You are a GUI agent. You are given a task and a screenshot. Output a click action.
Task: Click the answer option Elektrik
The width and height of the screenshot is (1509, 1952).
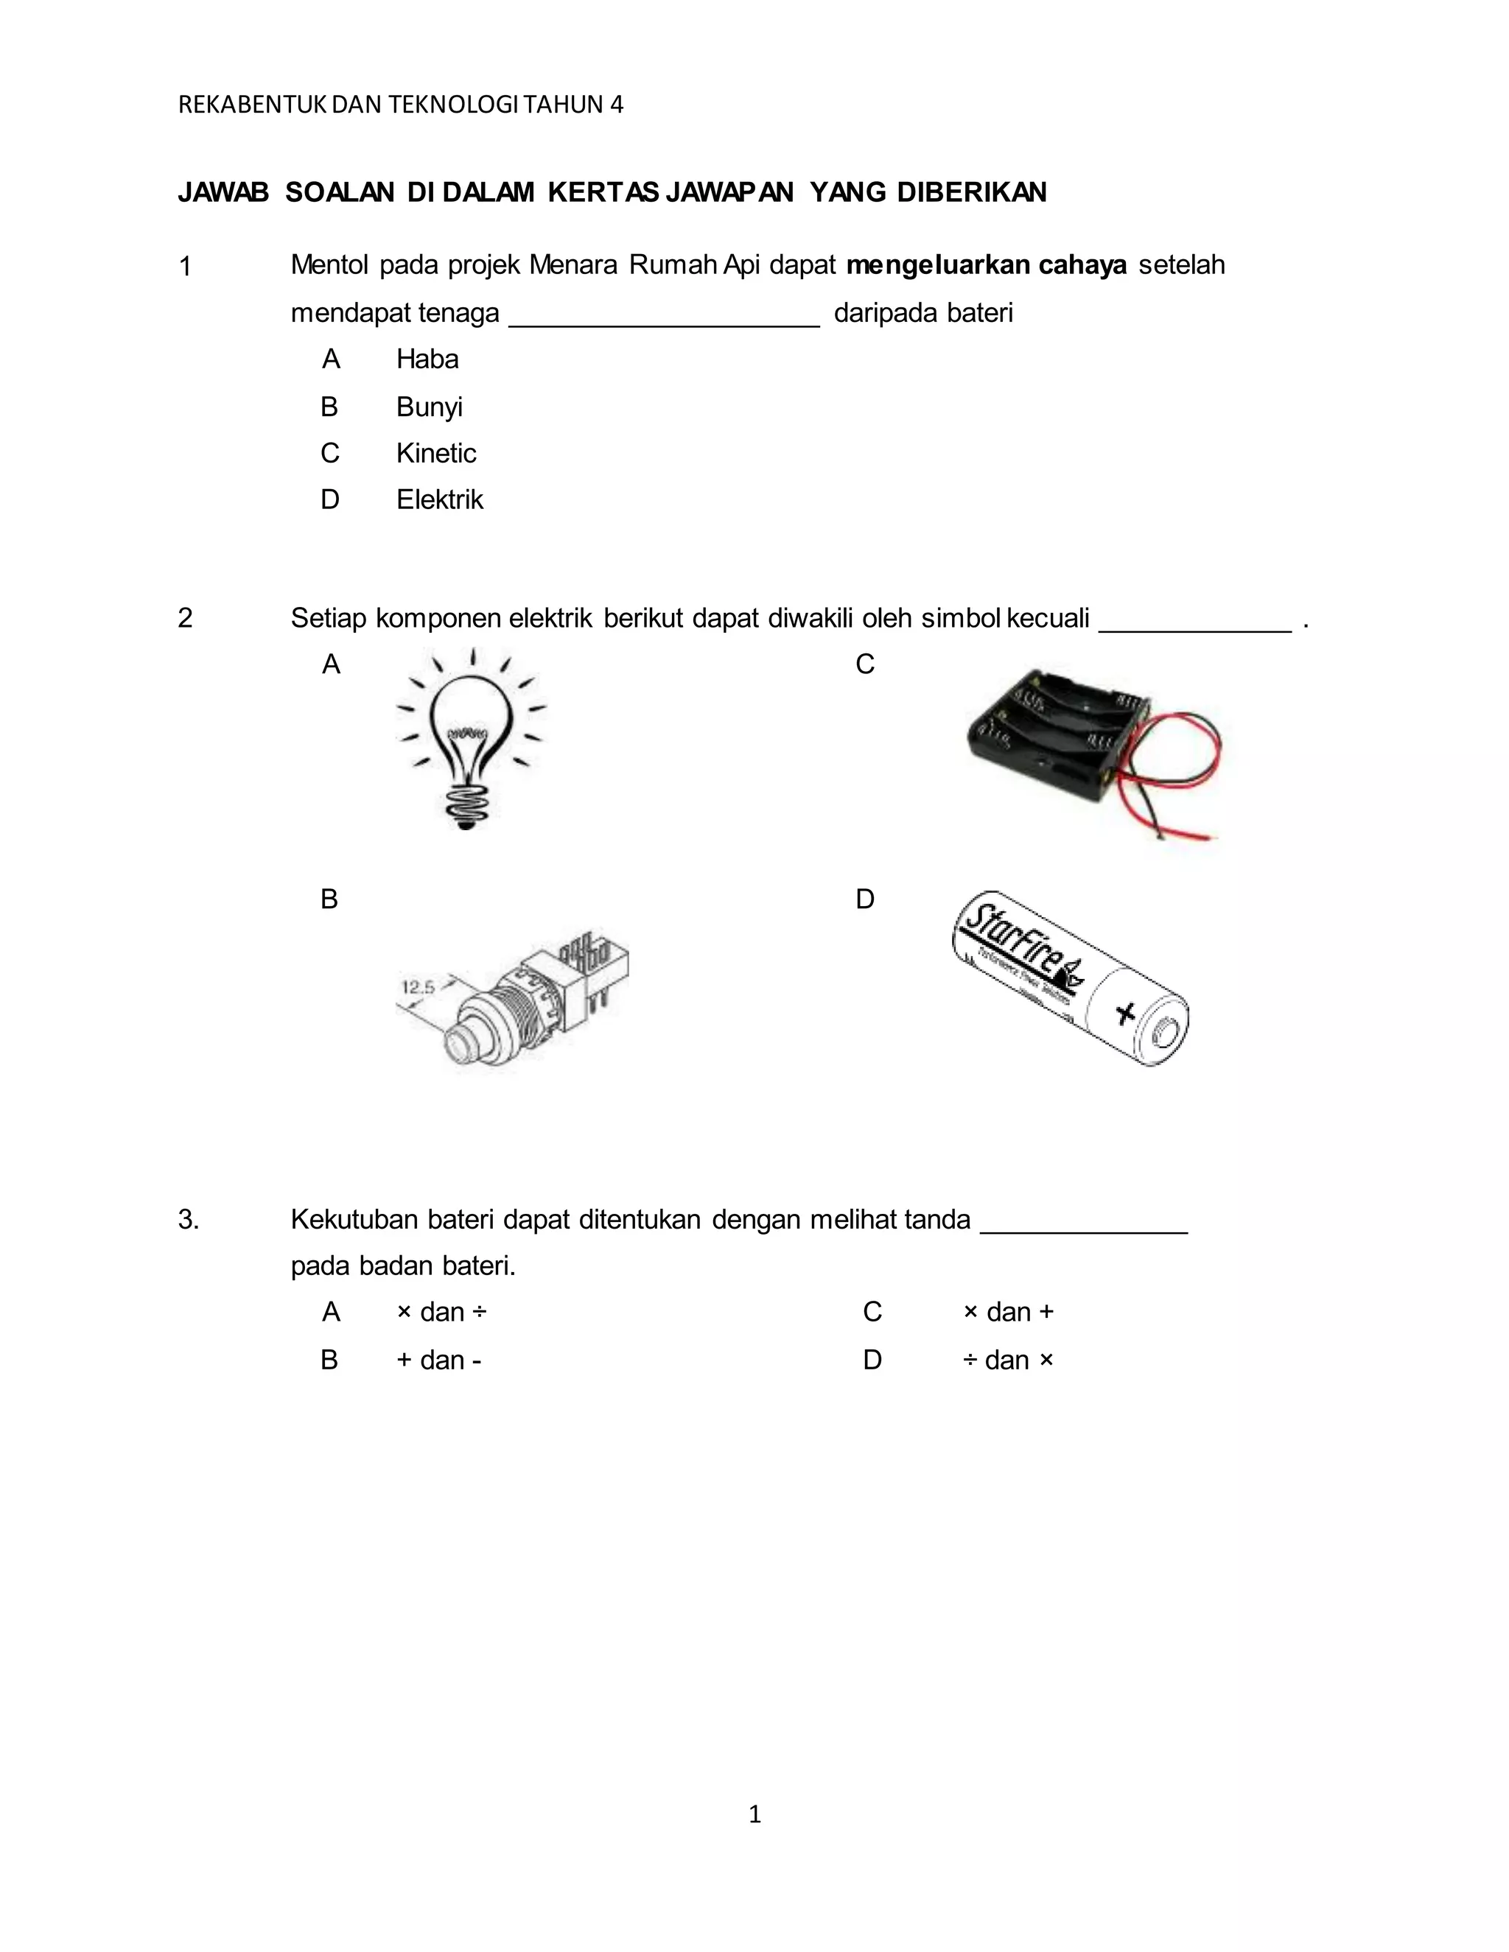[x=439, y=499]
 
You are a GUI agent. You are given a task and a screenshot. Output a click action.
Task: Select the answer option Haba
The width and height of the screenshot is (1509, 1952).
[x=427, y=359]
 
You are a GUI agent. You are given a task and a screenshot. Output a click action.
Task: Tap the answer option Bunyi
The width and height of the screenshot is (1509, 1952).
[x=429, y=407]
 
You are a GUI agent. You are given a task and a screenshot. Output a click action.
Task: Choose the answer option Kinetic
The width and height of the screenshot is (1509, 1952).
[x=436, y=453]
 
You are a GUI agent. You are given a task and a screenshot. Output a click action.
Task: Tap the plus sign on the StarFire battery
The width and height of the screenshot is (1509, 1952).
[x=1126, y=1013]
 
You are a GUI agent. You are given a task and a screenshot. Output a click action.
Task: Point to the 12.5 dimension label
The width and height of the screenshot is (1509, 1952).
[x=419, y=988]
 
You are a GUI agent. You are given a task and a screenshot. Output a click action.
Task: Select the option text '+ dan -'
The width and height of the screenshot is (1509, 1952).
[x=439, y=1361]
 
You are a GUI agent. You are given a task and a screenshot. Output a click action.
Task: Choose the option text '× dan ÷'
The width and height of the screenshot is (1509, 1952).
[x=441, y=1312]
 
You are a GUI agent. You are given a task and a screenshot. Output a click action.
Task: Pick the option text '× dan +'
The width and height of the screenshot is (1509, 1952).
[x=1009, y=1312]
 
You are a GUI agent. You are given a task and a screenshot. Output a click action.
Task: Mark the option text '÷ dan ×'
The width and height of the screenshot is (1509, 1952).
[x=1009, y=1361]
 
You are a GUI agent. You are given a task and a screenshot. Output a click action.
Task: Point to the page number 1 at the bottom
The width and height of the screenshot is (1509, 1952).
[x=754, y=1814]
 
